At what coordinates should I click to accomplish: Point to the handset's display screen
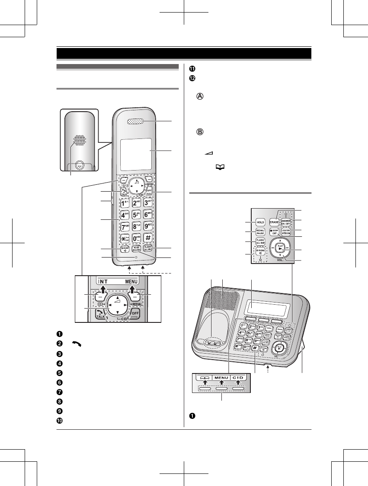[x=136, y=154]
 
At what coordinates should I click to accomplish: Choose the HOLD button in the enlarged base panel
[x=259, y=221]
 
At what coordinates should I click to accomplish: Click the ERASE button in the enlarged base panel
[x=274, y=221]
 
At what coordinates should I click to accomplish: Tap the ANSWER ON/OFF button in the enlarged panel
[x=286, y=222]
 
